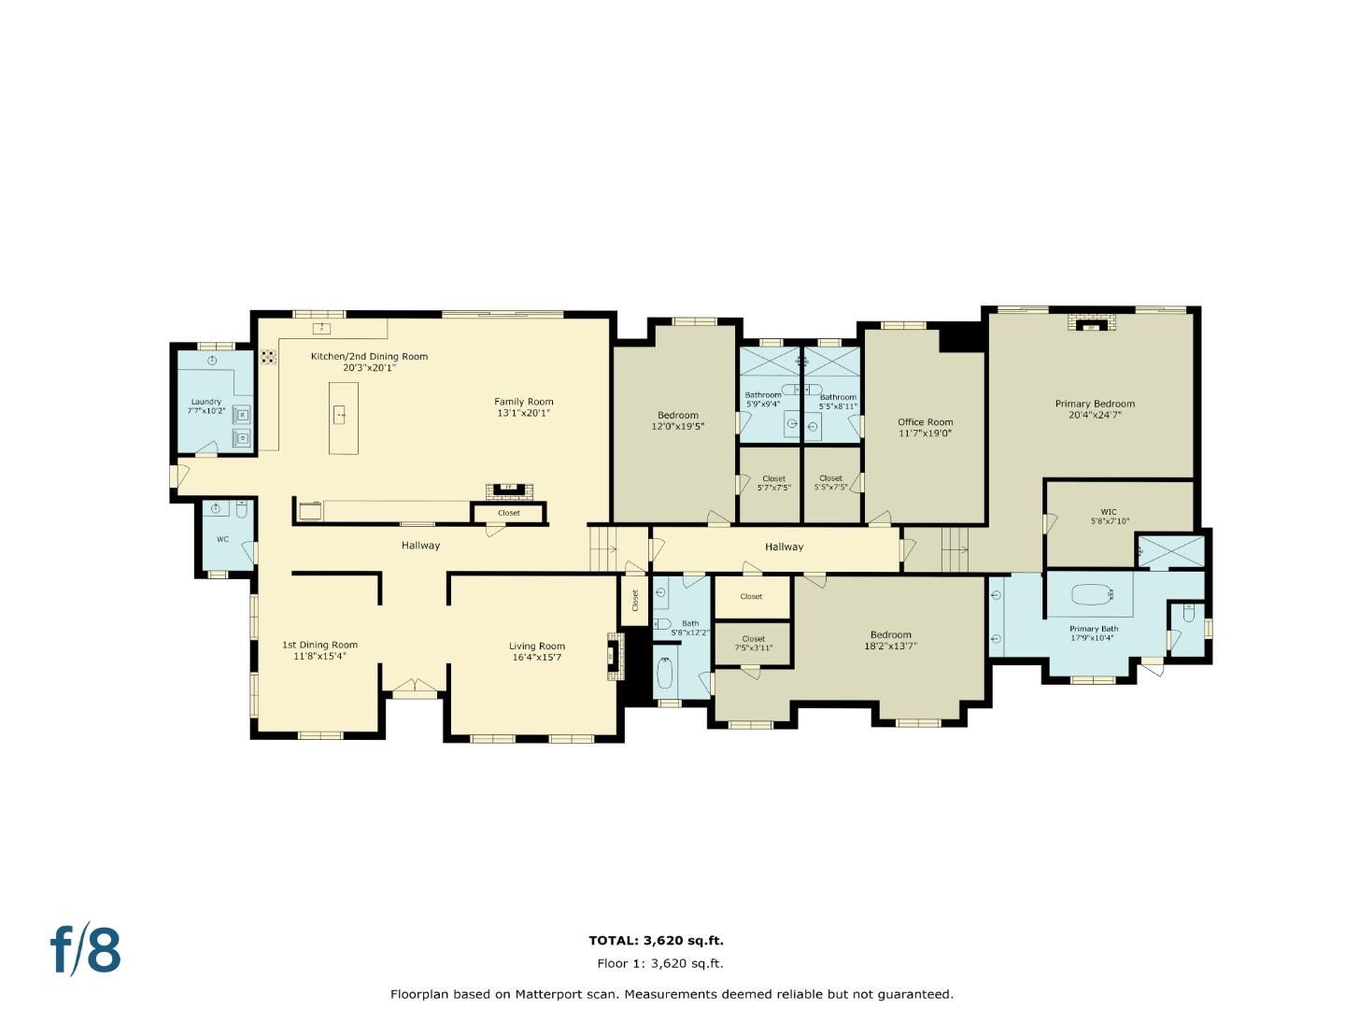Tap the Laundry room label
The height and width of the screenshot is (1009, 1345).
click(205, 402)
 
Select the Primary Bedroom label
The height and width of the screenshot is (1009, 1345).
click(1095, 403)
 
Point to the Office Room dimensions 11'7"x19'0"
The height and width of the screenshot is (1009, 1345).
click(925, 433)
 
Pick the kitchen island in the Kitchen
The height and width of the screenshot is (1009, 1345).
click(343, 418)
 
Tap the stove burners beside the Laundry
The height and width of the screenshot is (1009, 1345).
click(268, 357)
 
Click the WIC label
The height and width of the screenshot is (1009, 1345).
click(1109, 512)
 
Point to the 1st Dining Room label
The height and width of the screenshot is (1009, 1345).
click(319, 645)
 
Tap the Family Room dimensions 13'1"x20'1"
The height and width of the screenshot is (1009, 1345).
click(523, 413)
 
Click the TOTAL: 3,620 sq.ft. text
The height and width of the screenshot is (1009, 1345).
click(657, 941)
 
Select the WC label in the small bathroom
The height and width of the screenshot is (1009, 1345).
click(222, 539)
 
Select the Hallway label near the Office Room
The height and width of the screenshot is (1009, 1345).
click(784, 547)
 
